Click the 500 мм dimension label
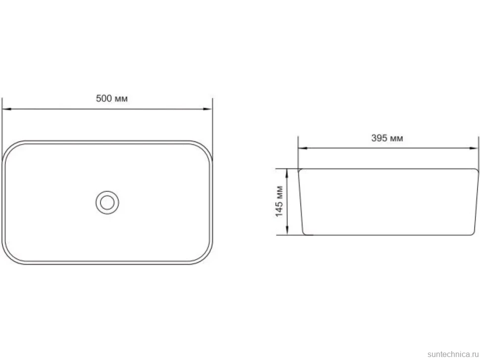(x=112, y=98)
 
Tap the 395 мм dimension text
(x=387, y=138)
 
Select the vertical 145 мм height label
(x=279, y=202)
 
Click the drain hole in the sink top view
(x=107, y=202)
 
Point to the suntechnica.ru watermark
(x=453, y=354)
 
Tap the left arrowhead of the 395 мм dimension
(x=303, y=148)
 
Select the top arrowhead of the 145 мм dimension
(x=287, y=173)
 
